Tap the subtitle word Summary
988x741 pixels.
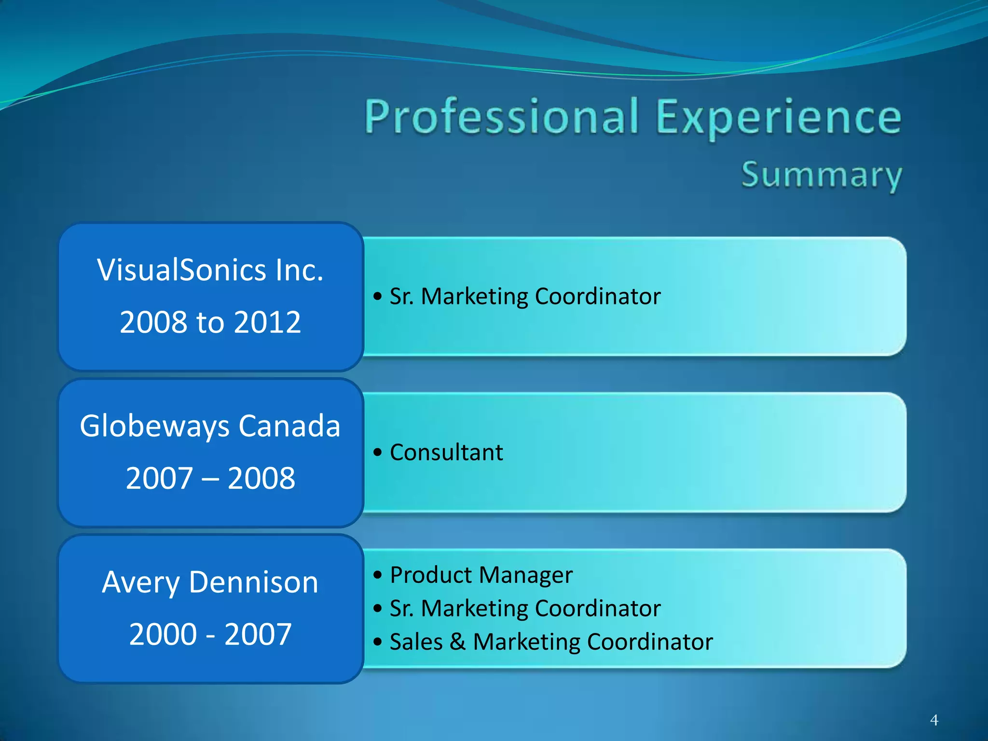tap(821, 175)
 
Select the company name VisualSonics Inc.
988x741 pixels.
tap(210, 270)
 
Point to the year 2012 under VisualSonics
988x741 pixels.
tap(267, 322)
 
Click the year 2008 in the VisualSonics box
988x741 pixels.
tap(153, 322)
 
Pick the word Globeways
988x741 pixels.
tap(155, 426)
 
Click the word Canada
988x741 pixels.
tap(289, 425)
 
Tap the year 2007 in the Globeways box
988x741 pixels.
tap(159, 478)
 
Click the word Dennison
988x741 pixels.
tap(254, 582)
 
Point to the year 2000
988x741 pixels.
tap(163, 634)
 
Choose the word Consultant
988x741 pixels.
tap(446, 453)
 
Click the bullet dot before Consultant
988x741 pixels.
tap(378, 453)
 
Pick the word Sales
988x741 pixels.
tap(416, 642)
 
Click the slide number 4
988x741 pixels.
tap(934, 720)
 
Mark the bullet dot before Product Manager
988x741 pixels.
tap(378, 575)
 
